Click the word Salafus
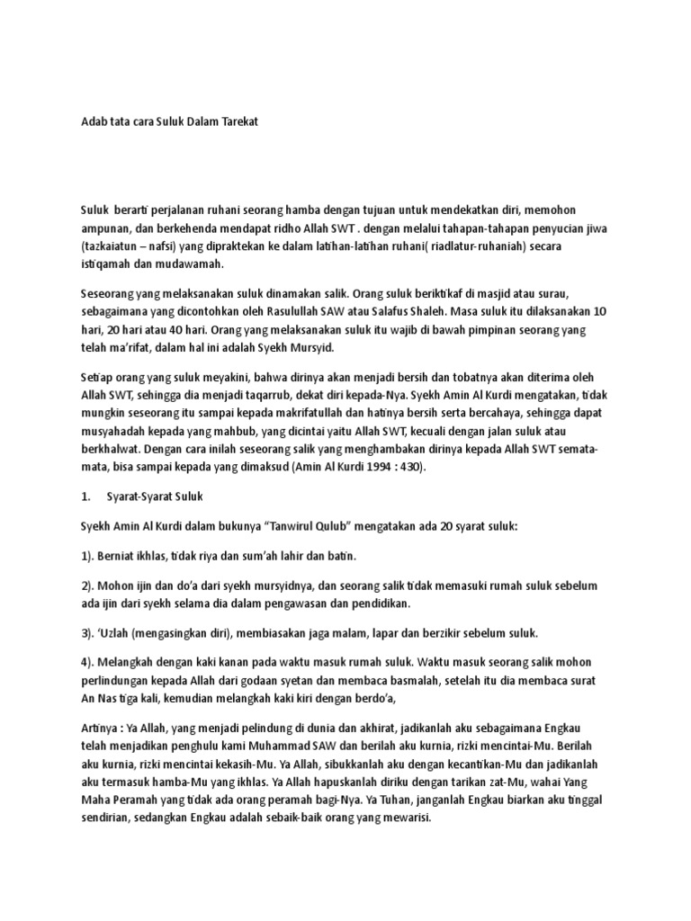tap(406, 310)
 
